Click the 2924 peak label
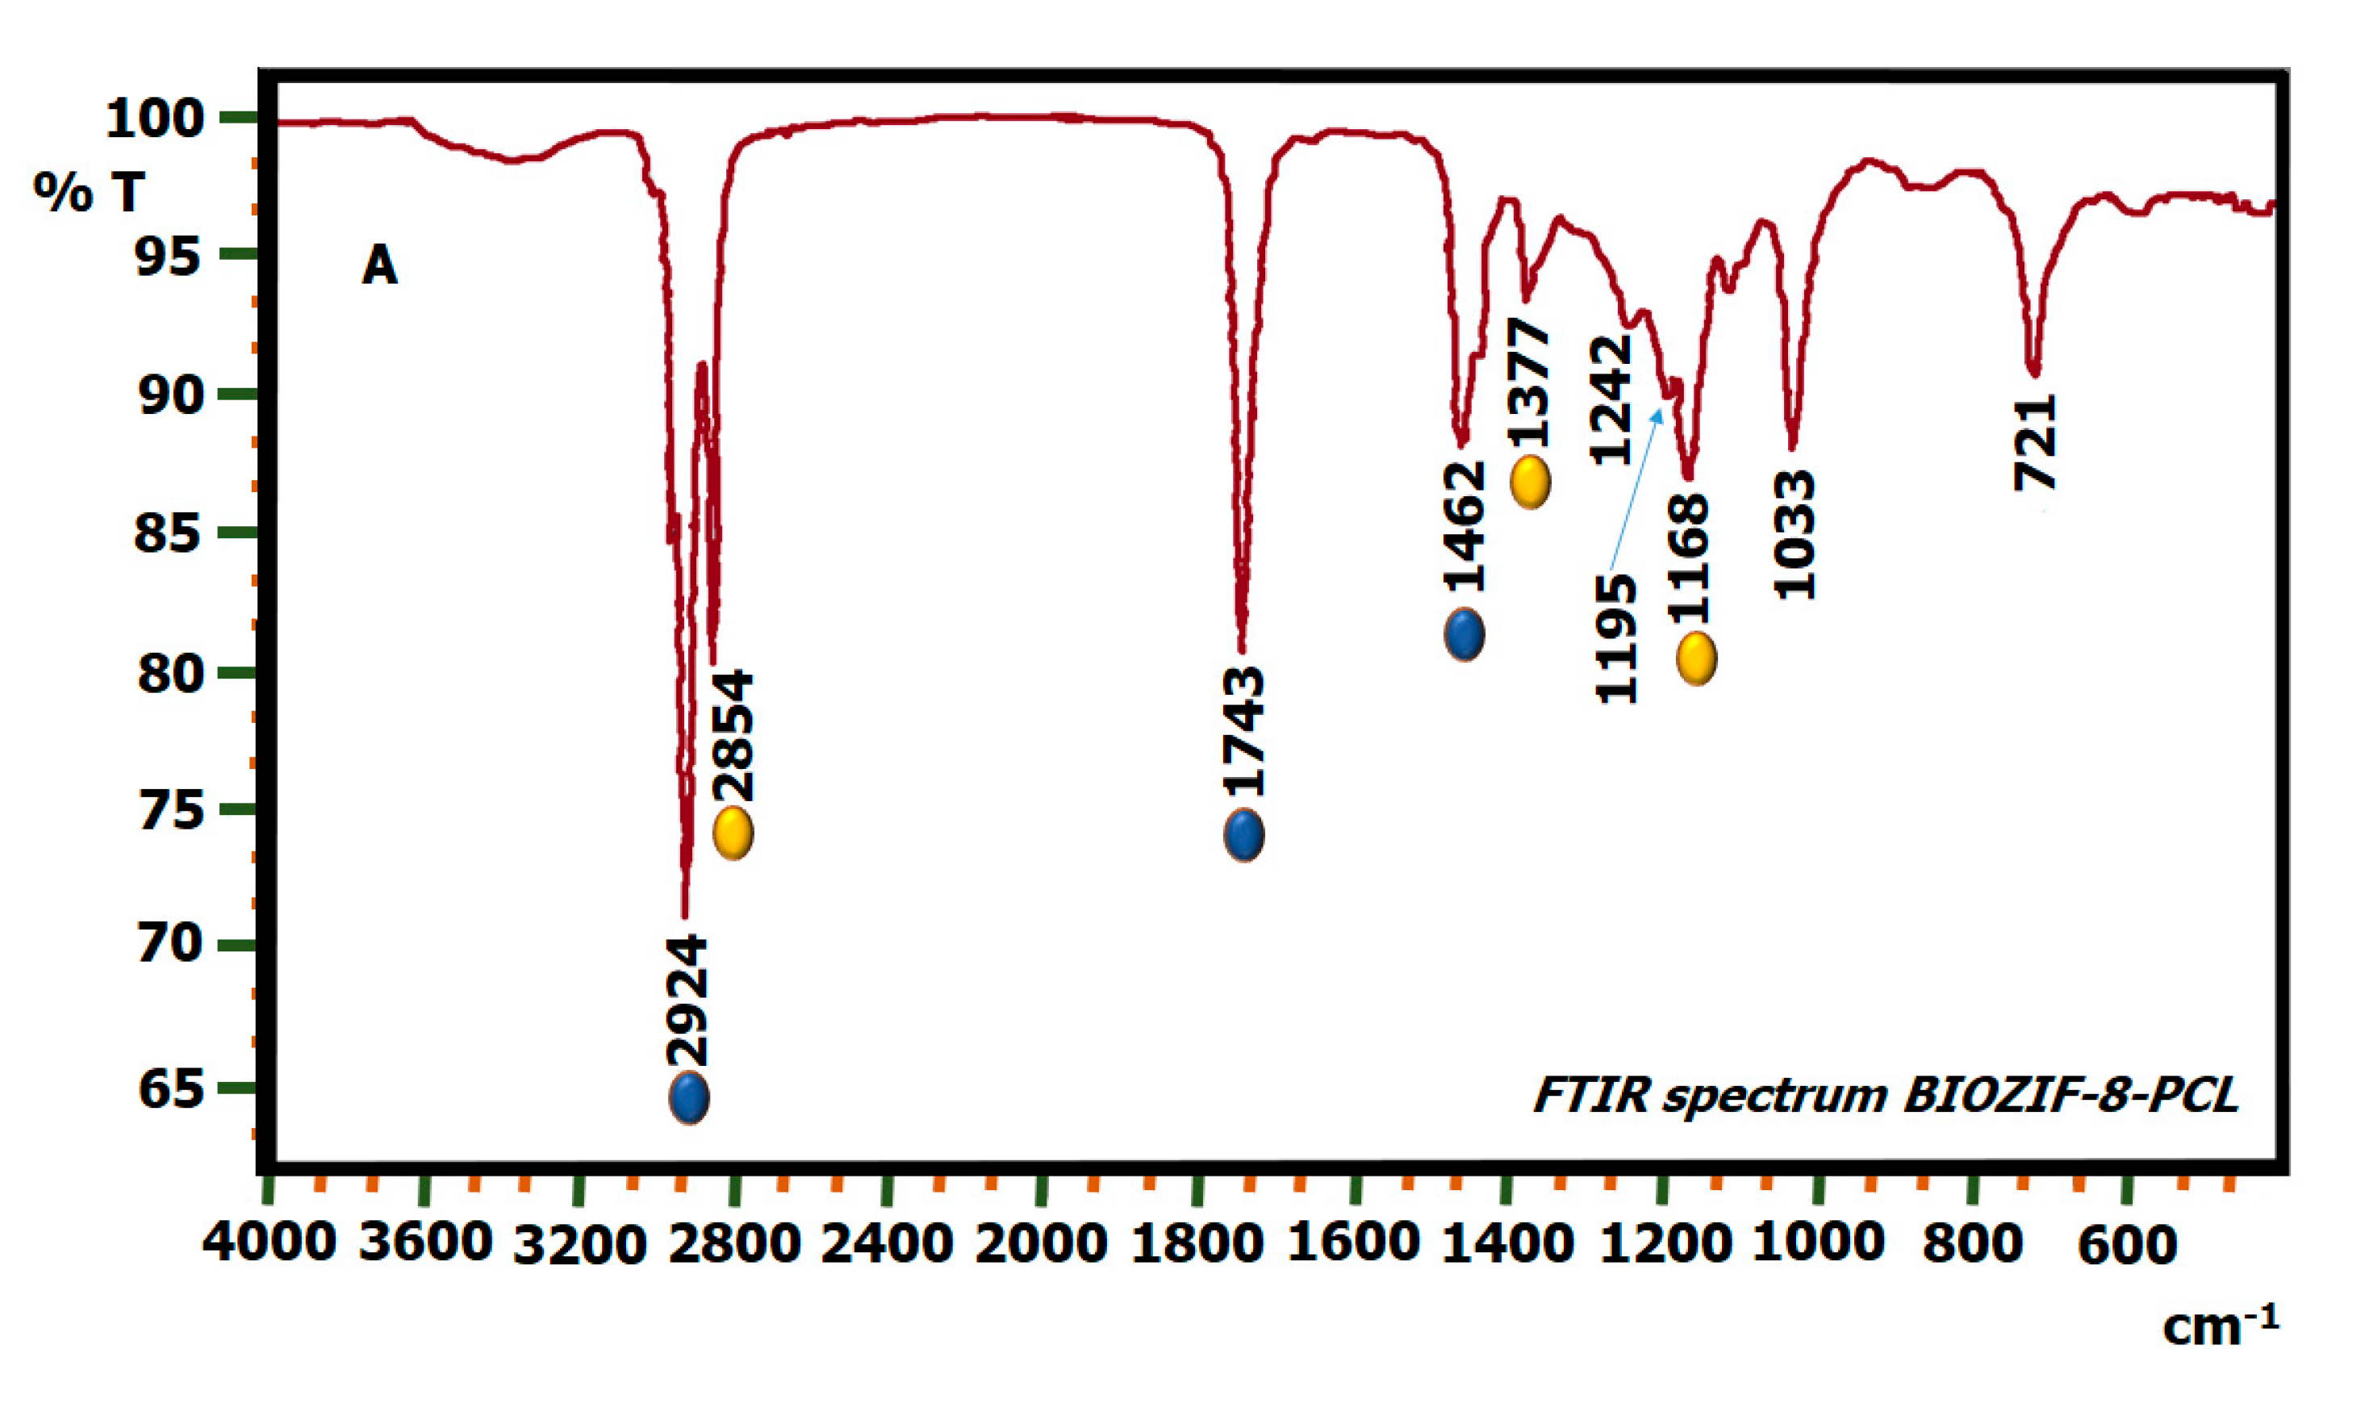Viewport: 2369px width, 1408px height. pos(687,1001)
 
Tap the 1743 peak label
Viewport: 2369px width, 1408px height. pos(1243,732)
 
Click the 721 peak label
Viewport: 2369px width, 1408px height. pos(2036,442)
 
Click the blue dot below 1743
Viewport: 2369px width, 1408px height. pos(1243,835)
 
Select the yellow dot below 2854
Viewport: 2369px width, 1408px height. pos(733,833)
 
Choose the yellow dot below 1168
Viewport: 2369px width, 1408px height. pos(1696,658)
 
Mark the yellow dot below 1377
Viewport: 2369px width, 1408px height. pos(1531,482)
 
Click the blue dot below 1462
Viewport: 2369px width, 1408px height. pos(1464,633)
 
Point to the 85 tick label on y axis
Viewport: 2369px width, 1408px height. pos(169,533)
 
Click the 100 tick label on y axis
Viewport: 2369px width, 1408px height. pos(156,119)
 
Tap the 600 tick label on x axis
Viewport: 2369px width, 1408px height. pos(2127,1245)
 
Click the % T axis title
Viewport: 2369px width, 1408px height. pos(90,192)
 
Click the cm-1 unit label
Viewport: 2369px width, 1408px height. pos(2219,1325)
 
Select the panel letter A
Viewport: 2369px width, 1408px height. pos(379,265)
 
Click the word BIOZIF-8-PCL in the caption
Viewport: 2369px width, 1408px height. pos(2070,1095)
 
